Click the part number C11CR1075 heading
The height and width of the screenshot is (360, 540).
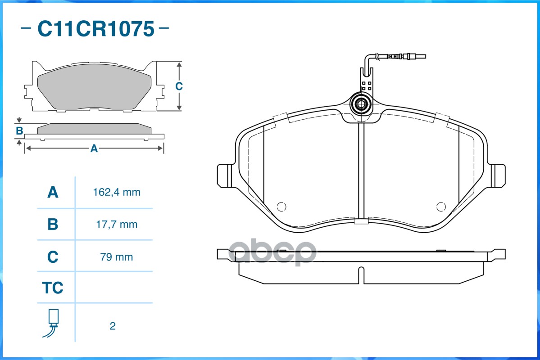pyautogui.click(x=96, y=28)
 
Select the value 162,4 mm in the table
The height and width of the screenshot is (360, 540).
pyautogui.click(x=117, y=192)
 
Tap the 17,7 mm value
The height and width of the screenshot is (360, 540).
pyautogui.click(x=117, y=225)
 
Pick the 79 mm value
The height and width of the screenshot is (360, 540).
pyautogui.click(x=116, y=257)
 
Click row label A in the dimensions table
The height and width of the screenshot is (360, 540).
pyautogui.click(x=53, y=192)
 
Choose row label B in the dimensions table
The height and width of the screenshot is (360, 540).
pyautogui.click(x=53, y=225)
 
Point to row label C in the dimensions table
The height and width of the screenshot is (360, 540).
pyautogui.click(x=53, y=257)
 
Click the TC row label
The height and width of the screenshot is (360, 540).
pyautogui.click(x=53, y=288)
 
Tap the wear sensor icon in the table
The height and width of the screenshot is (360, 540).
pyautogui.click(x=51, y=323)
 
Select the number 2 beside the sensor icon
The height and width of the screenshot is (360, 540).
pyautogui.click(x=113, y=326)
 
